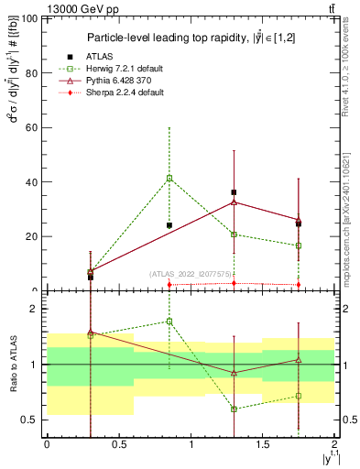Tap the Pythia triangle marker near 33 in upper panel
click(235, 202)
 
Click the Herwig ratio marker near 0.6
click(235, 409)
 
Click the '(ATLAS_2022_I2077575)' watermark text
click(191, 274)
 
